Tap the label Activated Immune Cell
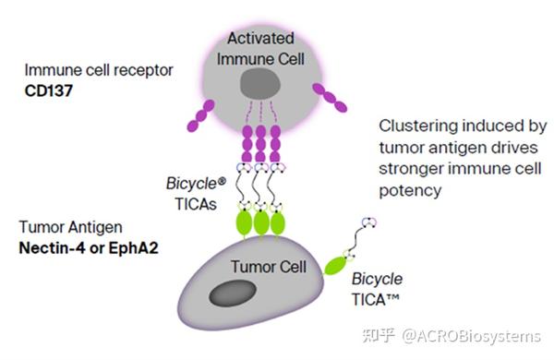[x=261, y=49]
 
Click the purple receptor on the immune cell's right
[x=330, y=97]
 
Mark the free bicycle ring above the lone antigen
[x=367, y=222]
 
